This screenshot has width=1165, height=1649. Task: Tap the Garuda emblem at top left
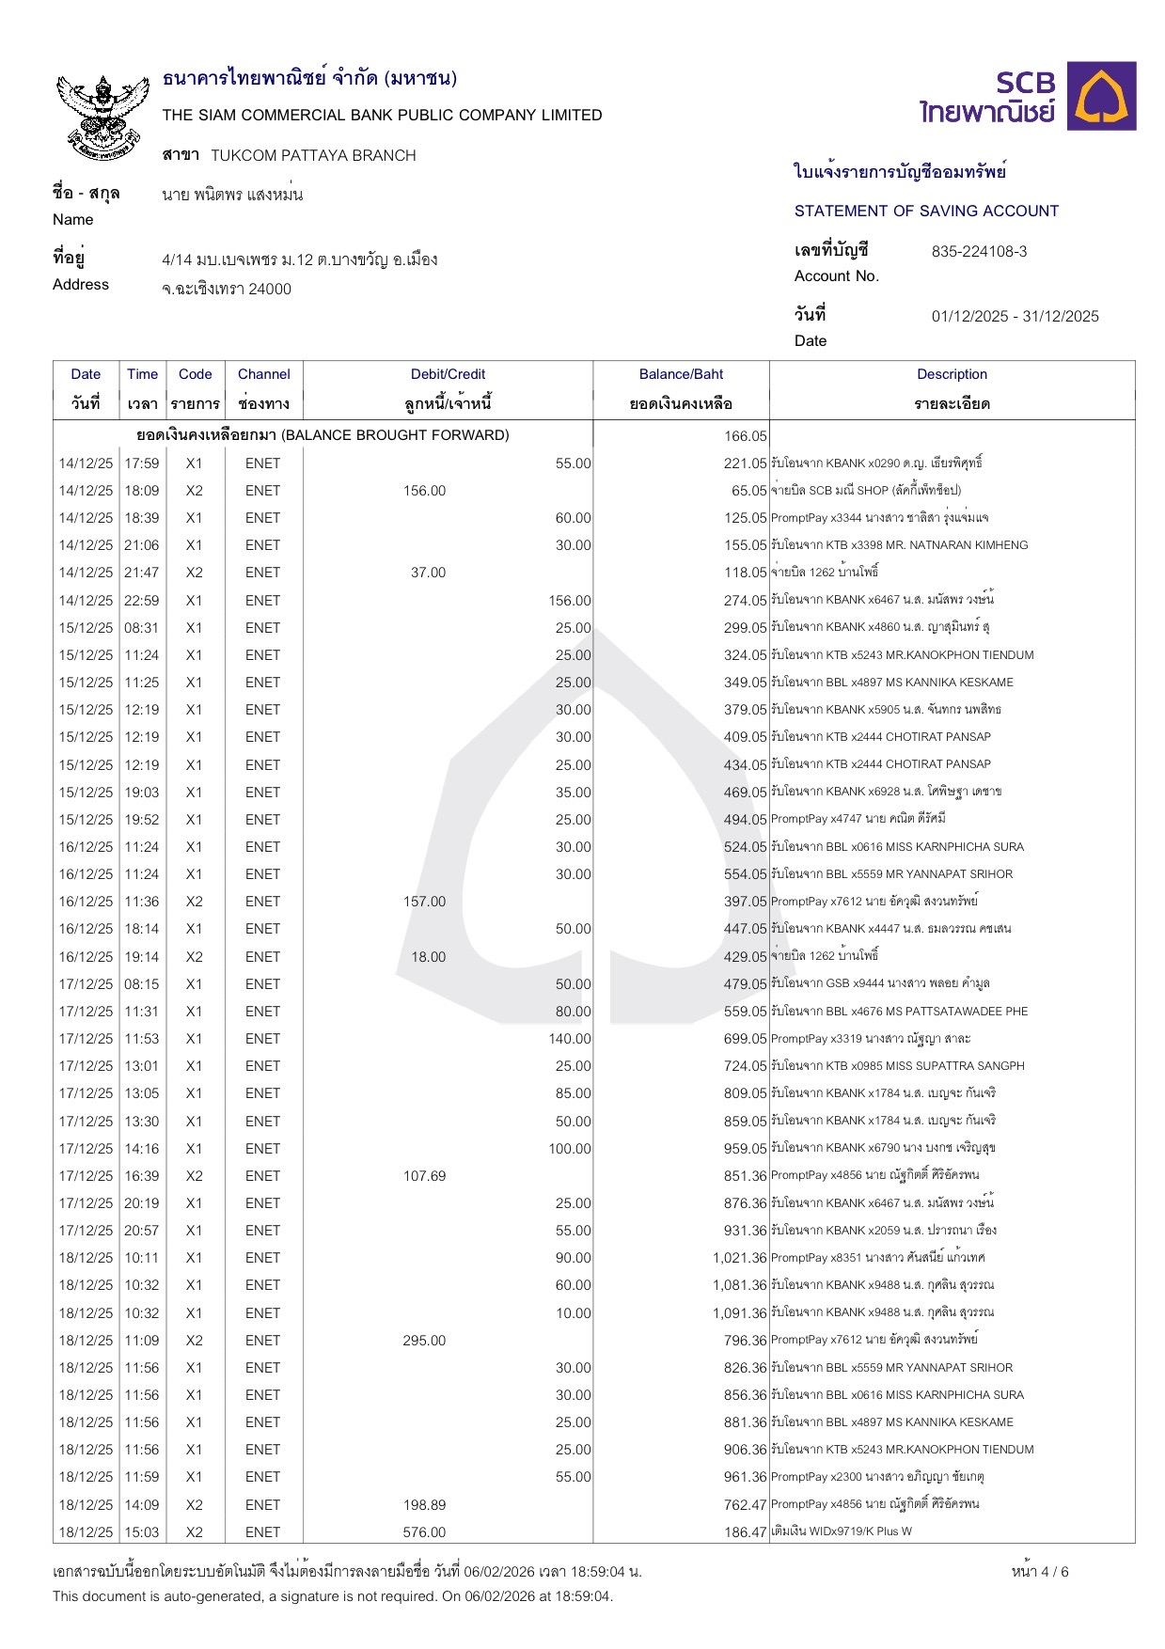103,116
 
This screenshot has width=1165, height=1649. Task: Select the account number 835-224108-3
979,252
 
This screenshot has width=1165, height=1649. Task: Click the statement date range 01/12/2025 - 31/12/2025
1015,317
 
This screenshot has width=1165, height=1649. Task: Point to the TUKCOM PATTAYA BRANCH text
313,156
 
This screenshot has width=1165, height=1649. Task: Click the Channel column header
263,374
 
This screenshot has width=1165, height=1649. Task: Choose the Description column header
952,374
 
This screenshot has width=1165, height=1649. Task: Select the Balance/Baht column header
681,374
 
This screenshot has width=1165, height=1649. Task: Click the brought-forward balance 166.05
746,436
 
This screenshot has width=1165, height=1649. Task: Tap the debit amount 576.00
424,1532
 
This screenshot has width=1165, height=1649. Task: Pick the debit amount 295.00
424,1341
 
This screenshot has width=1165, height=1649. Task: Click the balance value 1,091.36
740,1313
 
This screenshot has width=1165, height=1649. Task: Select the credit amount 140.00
570,1039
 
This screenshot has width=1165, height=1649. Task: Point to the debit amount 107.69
424,1176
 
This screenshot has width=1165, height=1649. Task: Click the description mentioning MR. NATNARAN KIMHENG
899,545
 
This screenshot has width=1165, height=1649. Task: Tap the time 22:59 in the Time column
142,601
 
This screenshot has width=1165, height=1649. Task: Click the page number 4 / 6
1040,1572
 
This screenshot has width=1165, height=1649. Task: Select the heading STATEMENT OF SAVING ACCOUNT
926,212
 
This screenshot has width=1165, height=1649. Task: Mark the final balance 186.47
746,1532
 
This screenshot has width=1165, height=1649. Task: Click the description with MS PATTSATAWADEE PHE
899,1012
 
